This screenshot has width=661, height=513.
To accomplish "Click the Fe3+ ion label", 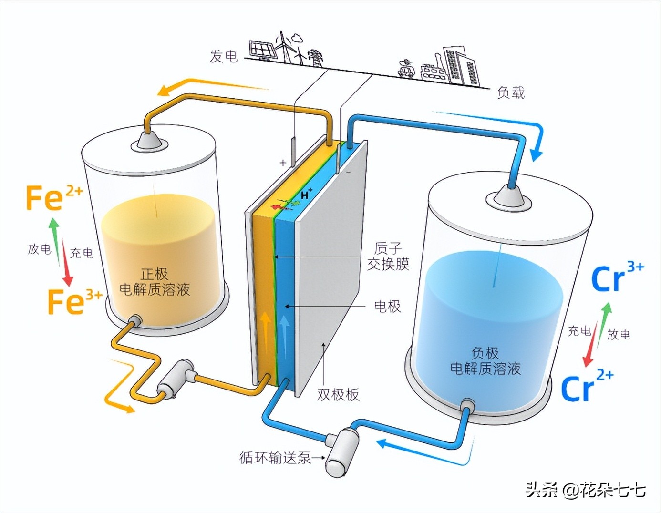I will pos(74,301).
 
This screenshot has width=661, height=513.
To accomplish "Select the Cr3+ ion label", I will pos(617,277).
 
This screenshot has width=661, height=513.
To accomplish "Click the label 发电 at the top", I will pos(223,56).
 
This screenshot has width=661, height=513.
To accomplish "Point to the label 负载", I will pos(510,92).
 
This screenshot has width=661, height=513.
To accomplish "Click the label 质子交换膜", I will pos(388,256).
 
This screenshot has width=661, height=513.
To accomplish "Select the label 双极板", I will pos(338,394).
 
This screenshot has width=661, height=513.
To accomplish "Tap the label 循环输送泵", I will pos(275,458).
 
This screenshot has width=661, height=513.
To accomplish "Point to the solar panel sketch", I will pos(261,49).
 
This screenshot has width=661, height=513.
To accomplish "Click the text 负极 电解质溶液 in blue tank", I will pos(485,360).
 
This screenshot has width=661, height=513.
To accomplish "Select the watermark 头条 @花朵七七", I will pos(585,490).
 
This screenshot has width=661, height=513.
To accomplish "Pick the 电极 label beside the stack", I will pos(387,306).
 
